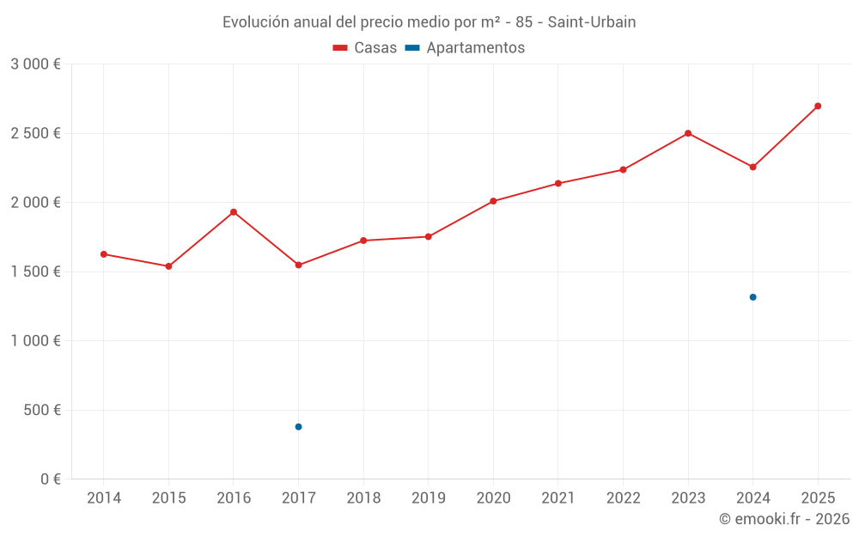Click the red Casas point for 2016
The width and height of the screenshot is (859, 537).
pyautogui.click(x=234, y=212)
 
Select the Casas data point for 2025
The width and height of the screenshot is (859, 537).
pyautogui.click(x=818, y=107)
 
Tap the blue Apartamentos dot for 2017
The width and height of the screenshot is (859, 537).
pyautogui.click(x=298, y=427)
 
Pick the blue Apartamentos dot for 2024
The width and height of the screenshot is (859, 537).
pyautogui.click(x=752, y=297)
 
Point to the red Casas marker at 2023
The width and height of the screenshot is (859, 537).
pyautogui.click(x=688, y=133)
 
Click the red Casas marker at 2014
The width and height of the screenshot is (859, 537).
pyautogui.click(x=104, y=254)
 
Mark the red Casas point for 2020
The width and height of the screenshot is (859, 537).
pyautogui.click(x=493, y=201)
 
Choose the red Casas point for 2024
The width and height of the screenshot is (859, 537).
pyautogui.click(x=752, y=167)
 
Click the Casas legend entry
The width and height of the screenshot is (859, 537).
pyautogui.click(x=365, y=48)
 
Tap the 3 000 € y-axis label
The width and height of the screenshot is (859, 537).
pyautogui.click(x=35, y=64)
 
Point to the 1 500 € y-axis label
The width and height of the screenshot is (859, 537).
pyautogui.click(x=35, y=272)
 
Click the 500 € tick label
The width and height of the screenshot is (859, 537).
pyautogui.click(x=41, y=410)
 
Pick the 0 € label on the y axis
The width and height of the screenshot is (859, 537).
pyautogui.click(x=48, y=479)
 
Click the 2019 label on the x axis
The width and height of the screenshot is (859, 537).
pyautogui.click(x=428, y=498)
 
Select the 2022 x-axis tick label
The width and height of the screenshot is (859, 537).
pyautogui.click(x=623, y=498)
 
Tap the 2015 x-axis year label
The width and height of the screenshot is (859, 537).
pyautogui.click(x=168, y=498)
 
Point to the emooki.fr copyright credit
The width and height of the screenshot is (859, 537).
pyautogui.click(x=783, y=519)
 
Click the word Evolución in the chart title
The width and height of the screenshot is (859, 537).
pyautogui.click(x=255, y=22)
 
